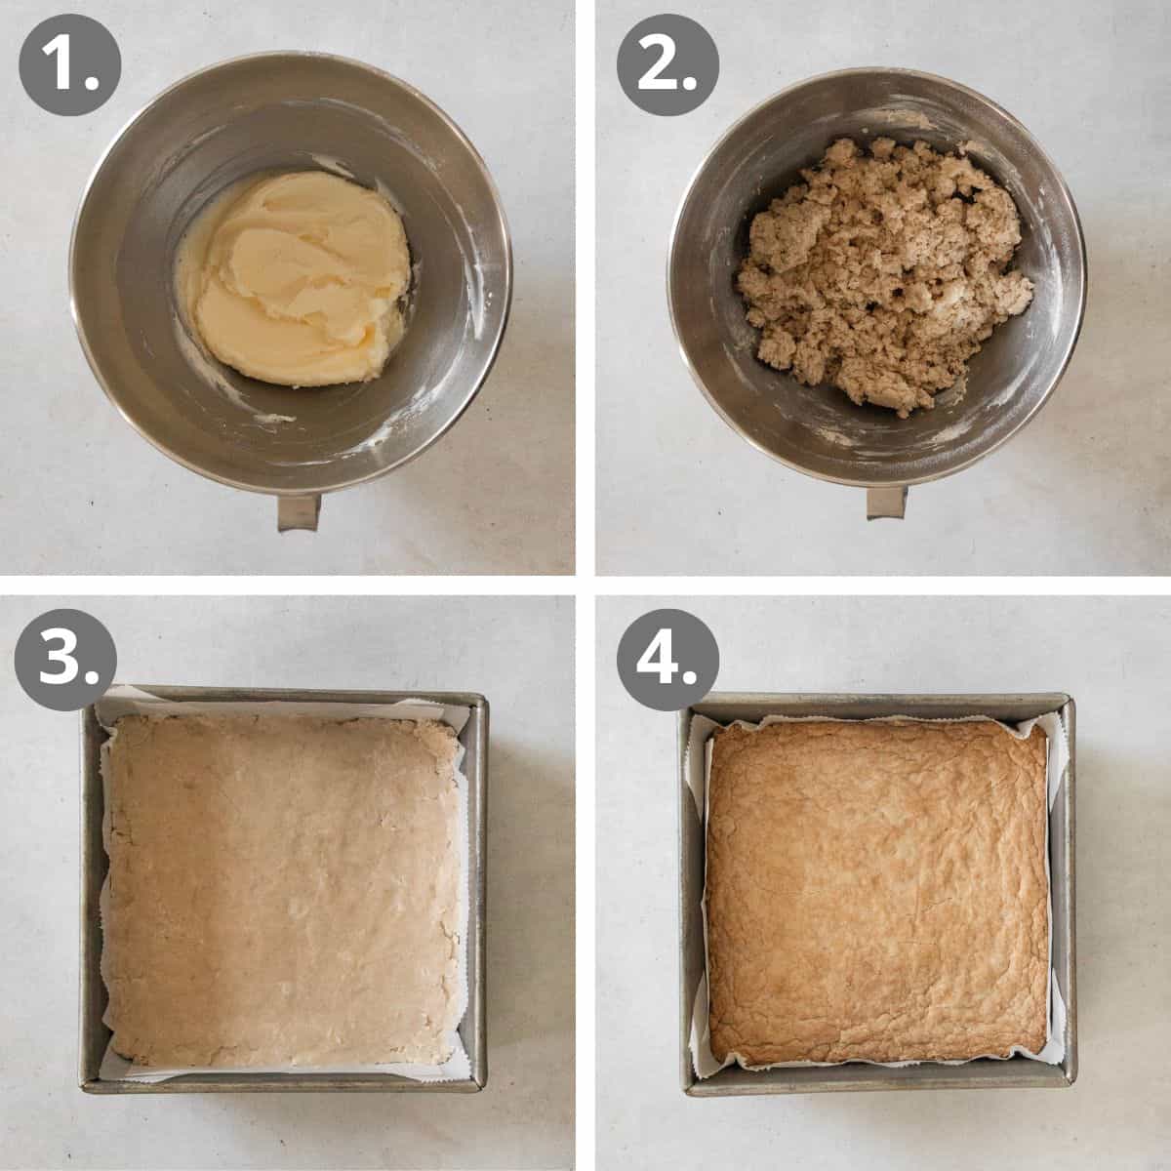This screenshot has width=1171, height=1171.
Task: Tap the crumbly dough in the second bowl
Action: pos(878,273)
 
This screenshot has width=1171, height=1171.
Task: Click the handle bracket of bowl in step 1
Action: pos(298,512)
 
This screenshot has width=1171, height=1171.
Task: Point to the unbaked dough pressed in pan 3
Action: pos(283,888)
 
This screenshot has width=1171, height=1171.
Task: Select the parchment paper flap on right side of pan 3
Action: pos(468,878)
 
